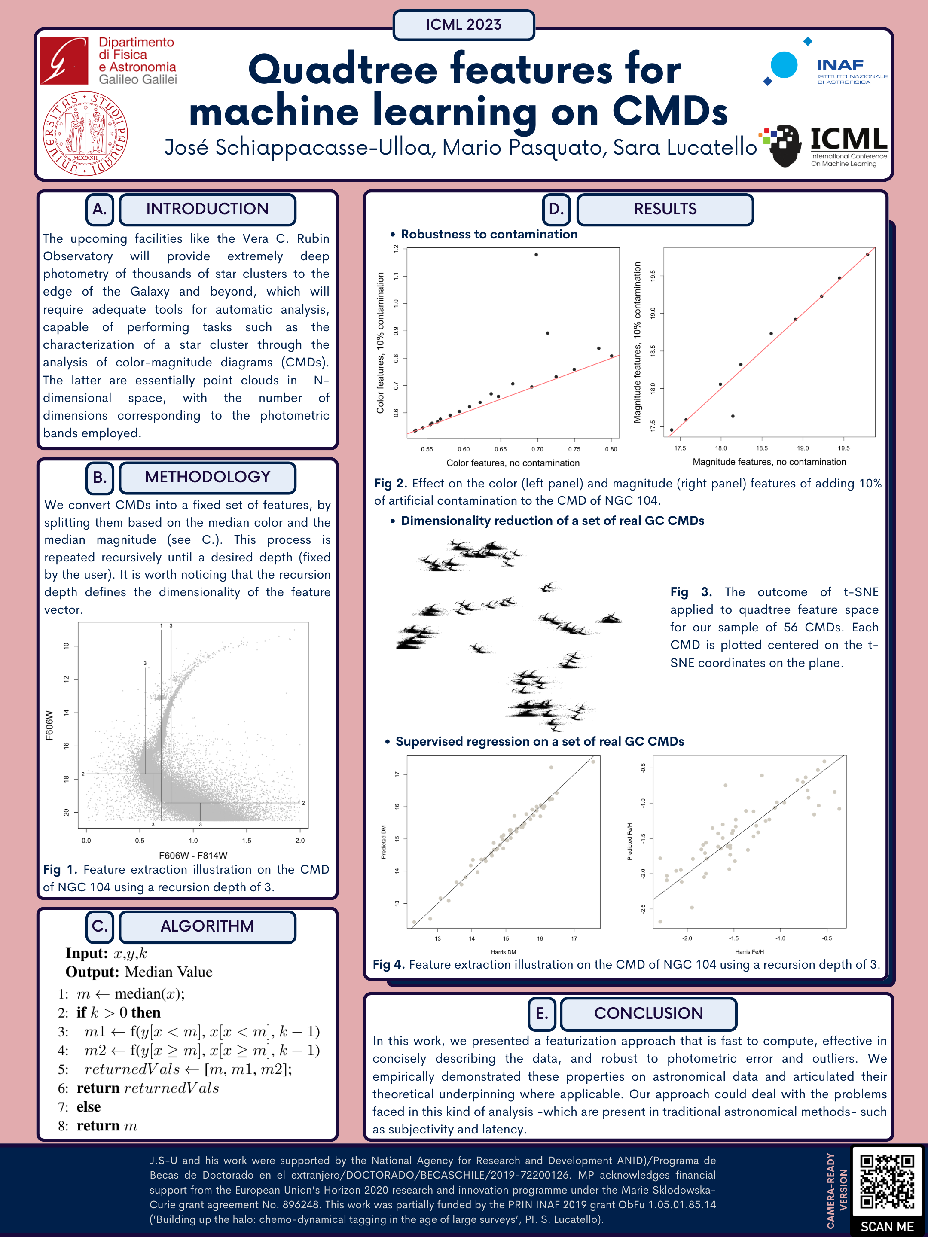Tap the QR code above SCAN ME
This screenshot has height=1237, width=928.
tap(887, 1180)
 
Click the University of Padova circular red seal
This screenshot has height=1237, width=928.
tap(85, 134)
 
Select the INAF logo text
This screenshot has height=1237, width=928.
tap(840, 65)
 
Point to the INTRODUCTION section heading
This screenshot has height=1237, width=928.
tap(207, 209)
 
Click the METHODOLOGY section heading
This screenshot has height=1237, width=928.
tap(207, 477)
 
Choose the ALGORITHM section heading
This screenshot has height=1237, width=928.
tap(207, 926)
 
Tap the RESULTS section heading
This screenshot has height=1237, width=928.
tap(665, 209)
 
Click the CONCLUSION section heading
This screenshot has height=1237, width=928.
tap(648, 1013)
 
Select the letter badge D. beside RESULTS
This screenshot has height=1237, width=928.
tap(556, 209)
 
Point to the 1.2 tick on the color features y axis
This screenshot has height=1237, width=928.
tap(397, 248)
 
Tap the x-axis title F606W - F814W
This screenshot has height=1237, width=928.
tap(193, 856)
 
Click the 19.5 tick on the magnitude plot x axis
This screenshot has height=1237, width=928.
tap(843, 448)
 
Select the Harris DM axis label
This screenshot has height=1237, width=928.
tap(504, 952)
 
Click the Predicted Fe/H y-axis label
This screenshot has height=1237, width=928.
tap(630, 841)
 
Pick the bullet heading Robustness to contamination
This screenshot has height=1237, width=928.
tap(489, 235)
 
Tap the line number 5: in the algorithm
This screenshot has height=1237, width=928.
tap(63, 1069)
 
